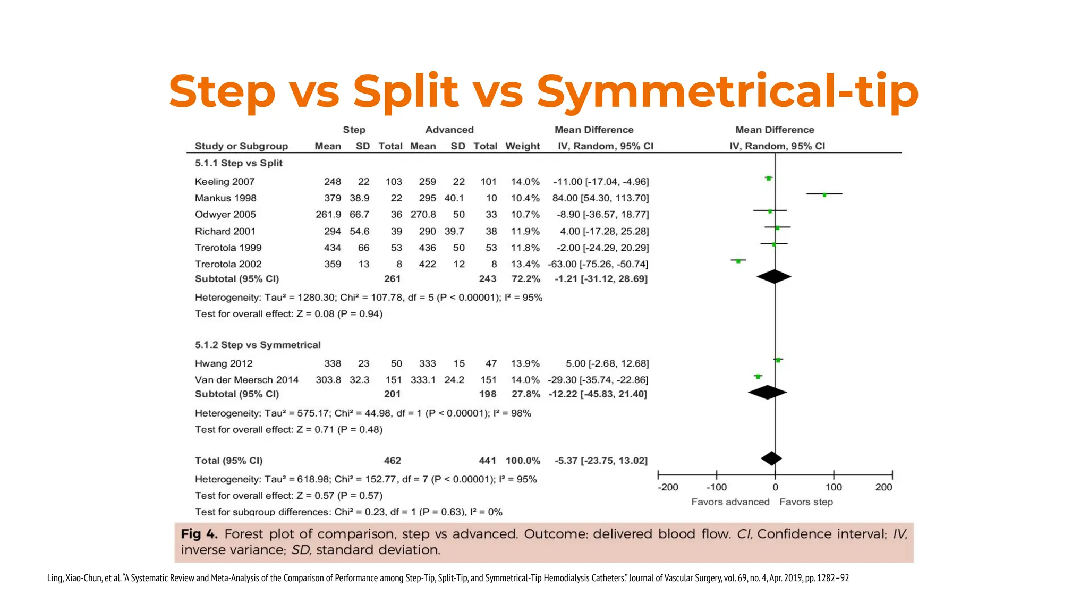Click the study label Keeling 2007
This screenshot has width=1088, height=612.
225,182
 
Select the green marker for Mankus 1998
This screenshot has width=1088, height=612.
824,194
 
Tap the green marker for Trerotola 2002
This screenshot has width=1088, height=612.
738,260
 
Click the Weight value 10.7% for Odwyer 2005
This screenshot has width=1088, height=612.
525,215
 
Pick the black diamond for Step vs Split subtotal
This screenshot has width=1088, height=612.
774,277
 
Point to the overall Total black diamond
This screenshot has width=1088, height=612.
771,458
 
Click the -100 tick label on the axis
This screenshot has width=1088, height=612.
716,487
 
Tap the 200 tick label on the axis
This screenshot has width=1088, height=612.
883,487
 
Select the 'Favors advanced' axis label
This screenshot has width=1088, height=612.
730,502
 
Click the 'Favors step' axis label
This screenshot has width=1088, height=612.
806,502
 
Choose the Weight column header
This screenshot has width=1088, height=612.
522,146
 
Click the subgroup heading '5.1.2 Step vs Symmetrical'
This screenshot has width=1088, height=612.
258,345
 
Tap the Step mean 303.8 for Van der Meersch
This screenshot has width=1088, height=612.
328,380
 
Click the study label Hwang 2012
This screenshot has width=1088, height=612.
224,363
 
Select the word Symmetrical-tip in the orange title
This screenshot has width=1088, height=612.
727,91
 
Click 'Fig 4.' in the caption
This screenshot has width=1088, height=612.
199,534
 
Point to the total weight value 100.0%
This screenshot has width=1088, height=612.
523,461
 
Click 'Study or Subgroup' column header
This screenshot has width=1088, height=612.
241,146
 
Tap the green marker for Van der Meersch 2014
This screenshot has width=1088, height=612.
758,376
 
